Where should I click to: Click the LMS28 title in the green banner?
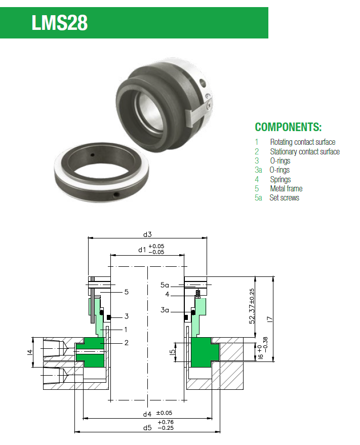click(x=59, y=23)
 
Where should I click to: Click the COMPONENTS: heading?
click(x=288, y=127)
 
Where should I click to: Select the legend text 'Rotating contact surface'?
click(x=302, y=142)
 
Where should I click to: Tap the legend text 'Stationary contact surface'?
click(x=304, y=151)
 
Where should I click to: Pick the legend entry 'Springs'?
click(x=280, y=179)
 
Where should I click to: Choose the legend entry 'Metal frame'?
click(x=286, y=188)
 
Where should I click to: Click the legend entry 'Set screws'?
click(x=284, y=197)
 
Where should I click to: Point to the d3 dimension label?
click(x=147, y=234)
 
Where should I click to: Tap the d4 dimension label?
click(x=147, y=414)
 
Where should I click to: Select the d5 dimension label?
click(x=147, y=428)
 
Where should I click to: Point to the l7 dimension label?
click(x=270, y=319)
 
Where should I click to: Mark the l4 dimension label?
click(x=30, y=351)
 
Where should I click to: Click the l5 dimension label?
click(x=172, y=350)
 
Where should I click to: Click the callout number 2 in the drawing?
click(x=126, y=343)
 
